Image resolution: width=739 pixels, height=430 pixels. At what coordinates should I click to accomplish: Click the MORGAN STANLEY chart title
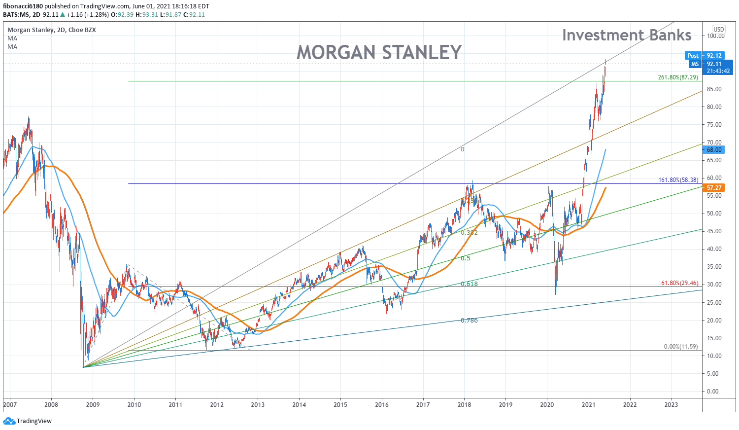tap(379, 52)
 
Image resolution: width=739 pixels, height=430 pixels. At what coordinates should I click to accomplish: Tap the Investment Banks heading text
tap(627, 35)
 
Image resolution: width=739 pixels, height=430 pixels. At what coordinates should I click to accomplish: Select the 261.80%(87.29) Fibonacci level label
tap(678, 77)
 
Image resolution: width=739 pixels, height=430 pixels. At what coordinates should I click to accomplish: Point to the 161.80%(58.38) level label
tap(678, 180)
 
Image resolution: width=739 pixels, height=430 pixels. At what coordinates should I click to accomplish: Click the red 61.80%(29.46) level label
tap(679, 283)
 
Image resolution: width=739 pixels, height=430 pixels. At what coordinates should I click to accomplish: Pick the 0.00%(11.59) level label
tap(681, 347)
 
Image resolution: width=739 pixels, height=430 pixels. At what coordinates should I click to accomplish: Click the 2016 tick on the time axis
tap(382, 405)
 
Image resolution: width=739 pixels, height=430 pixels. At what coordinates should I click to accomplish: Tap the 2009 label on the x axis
tap(93, 405)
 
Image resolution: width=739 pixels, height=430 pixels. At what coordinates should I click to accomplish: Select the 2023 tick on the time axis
tap(671, 405)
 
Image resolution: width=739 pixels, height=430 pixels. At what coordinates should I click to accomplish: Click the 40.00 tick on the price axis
tap(715, 249)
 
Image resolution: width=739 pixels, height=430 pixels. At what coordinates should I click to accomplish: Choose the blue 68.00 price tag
tap(714, 150)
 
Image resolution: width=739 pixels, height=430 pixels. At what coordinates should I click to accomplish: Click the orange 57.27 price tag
tap(714, 188)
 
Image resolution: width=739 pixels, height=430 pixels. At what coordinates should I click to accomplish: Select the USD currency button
tap(719, 30)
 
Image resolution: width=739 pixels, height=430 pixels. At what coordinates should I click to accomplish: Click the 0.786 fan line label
tap(469, 321)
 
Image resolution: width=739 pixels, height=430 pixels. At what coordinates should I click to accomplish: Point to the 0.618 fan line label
tap(469, 284)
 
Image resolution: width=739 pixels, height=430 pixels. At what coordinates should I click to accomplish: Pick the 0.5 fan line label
tap(466, 258)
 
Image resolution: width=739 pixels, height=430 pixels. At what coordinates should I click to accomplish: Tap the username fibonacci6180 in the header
tap(23, 6)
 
